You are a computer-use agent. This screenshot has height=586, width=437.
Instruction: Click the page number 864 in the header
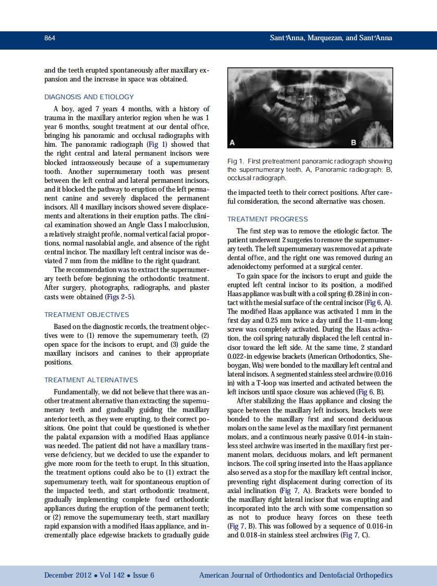[x=50, y=38]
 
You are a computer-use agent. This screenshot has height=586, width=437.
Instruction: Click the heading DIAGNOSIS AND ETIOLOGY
[x=89, y=97]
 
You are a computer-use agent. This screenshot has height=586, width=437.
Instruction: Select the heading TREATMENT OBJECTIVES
[x=87, y=314]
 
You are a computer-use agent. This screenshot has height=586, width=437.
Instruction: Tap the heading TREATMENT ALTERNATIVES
[x=91, y=380]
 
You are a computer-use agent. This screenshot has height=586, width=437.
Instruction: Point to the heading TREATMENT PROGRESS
[x=268, y=219]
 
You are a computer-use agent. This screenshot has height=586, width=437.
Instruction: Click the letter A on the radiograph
[x=233, y=143]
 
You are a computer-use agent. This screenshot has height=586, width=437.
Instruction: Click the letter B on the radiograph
[x=354, y=143]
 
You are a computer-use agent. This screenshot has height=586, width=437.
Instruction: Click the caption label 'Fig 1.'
[x=236, y=161]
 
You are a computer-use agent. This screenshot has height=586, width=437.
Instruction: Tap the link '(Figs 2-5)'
[x=121, y=297]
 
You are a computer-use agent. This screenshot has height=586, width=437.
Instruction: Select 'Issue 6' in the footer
[x=143, y=575]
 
